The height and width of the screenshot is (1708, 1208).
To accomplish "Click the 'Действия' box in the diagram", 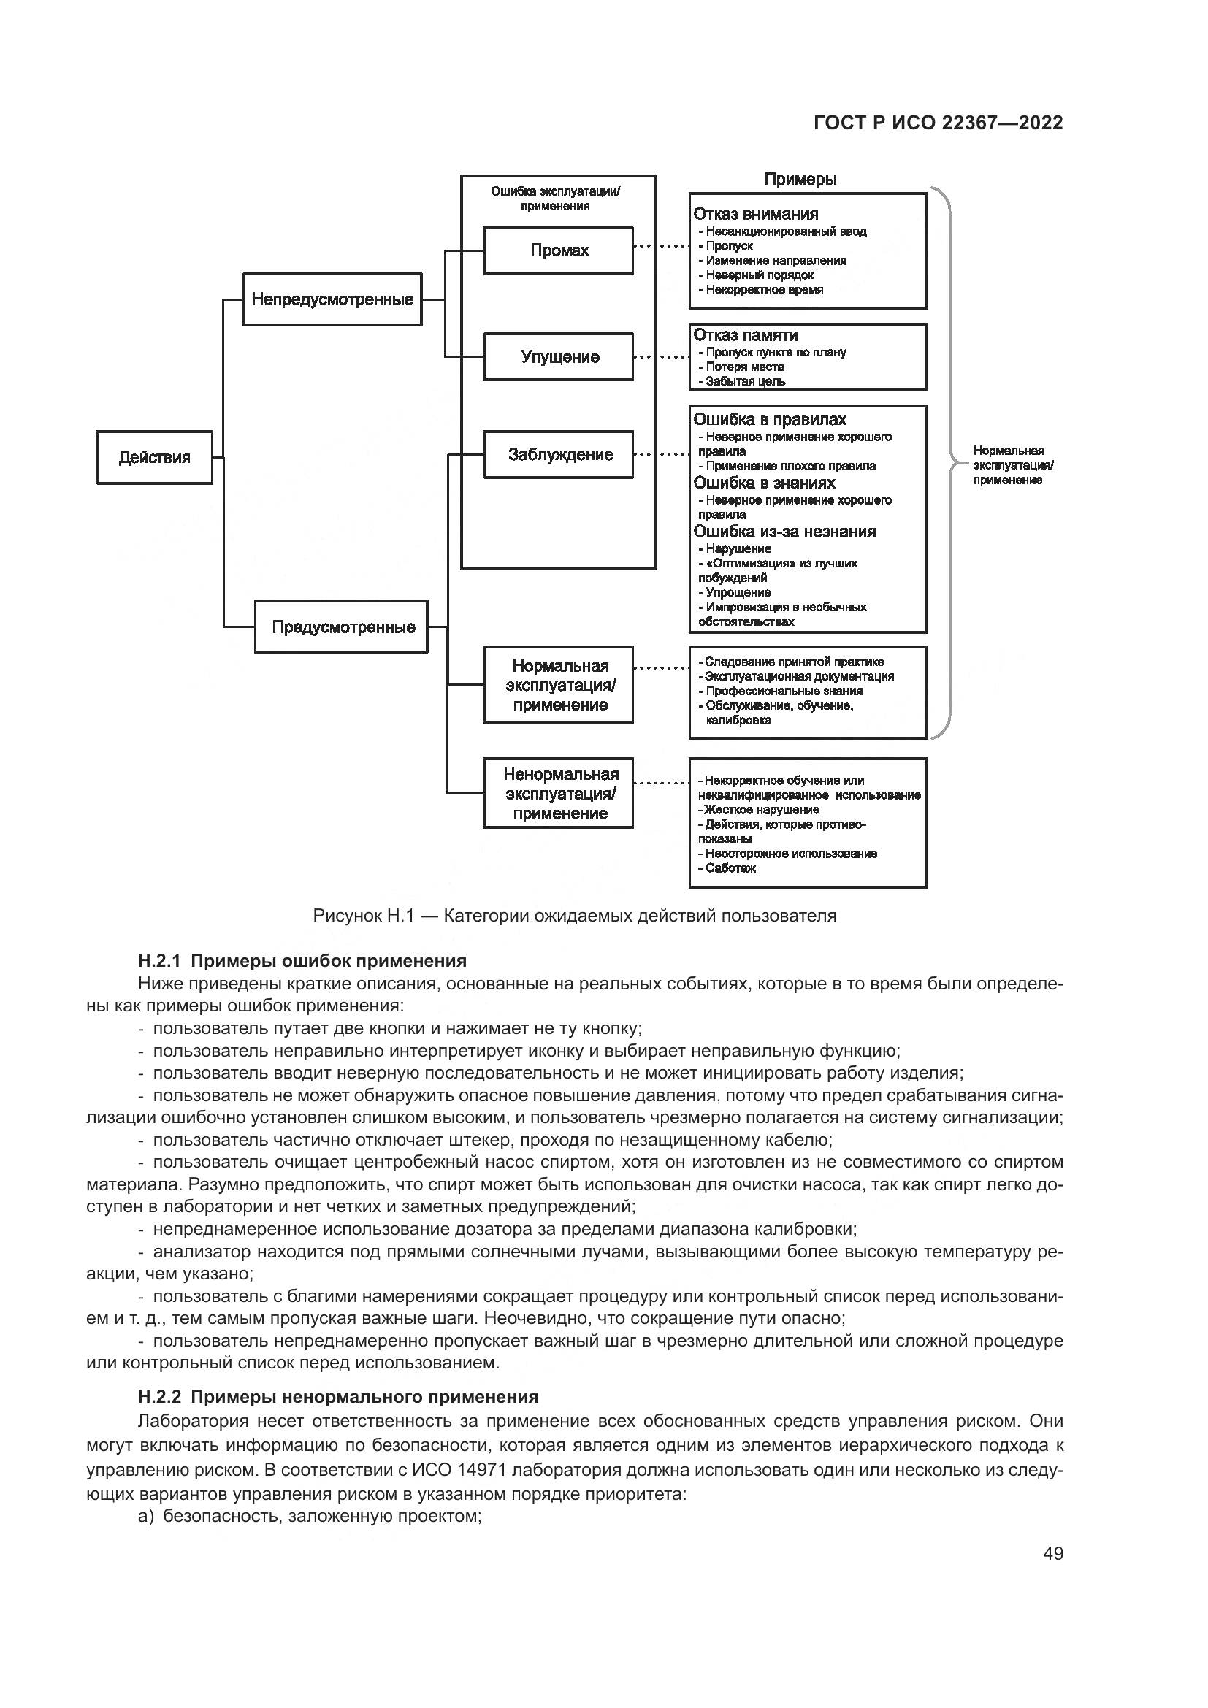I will [x=154, y=458].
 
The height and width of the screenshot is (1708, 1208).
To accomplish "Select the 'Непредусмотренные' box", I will [x=332, y=300].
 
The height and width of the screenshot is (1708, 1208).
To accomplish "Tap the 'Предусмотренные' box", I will [x=341, y=627].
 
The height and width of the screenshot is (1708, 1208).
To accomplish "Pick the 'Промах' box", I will [x=559, y=250].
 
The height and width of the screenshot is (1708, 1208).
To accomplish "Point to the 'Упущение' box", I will [x=559, y=357].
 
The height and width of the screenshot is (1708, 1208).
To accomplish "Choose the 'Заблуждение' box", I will [x=559, y=454].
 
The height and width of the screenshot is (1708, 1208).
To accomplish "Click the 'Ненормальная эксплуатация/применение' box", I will [x=559, y=794].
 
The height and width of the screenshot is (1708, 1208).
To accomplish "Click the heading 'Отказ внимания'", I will [x=756, y=214].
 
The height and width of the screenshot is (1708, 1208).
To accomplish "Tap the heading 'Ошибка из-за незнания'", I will [x=784, y=532].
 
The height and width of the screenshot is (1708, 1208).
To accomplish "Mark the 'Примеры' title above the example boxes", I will [x=800, y=180].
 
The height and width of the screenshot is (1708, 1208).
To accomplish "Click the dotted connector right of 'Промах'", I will [x=660, y=246].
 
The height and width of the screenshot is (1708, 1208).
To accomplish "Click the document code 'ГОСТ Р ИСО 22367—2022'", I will [x=938, y=123].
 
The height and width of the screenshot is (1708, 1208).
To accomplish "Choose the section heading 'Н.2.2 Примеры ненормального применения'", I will [x=338, y=1397].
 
